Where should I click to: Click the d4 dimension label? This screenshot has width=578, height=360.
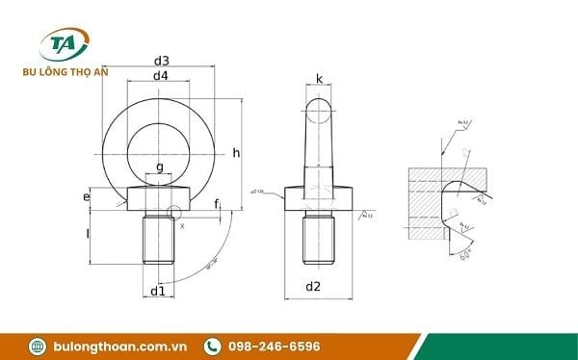(x=161, y=76)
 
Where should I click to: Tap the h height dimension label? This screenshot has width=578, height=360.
(x=236, y=153)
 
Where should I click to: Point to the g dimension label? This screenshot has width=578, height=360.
(x=160, y=167)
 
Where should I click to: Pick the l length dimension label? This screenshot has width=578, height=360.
(x=87, y=234)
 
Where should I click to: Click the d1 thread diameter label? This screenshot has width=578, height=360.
(x=159, y=290)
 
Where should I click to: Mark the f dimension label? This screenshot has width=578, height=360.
(x=217, y=203)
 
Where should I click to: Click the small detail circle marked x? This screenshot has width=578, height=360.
(x=174, y=214)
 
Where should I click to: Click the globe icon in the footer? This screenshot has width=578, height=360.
(x=38, y=346)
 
